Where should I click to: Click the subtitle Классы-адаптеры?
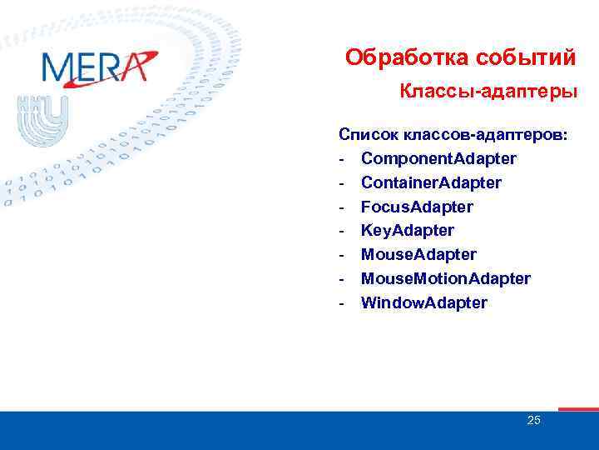[x=488, y=90]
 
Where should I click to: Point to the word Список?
[x=368, y=134]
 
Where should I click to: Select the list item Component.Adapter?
[x=438, y=158]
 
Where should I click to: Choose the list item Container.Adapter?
[x=431, y=182]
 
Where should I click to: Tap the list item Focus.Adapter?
[x=417, y=207]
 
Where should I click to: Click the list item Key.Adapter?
[x=408, y=230]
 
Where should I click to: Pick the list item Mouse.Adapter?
[x=418, y=254]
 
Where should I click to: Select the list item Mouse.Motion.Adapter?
[x=445, y=278]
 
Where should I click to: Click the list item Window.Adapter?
[x=423, y=302]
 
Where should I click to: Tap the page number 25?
[x=533, y=420]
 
